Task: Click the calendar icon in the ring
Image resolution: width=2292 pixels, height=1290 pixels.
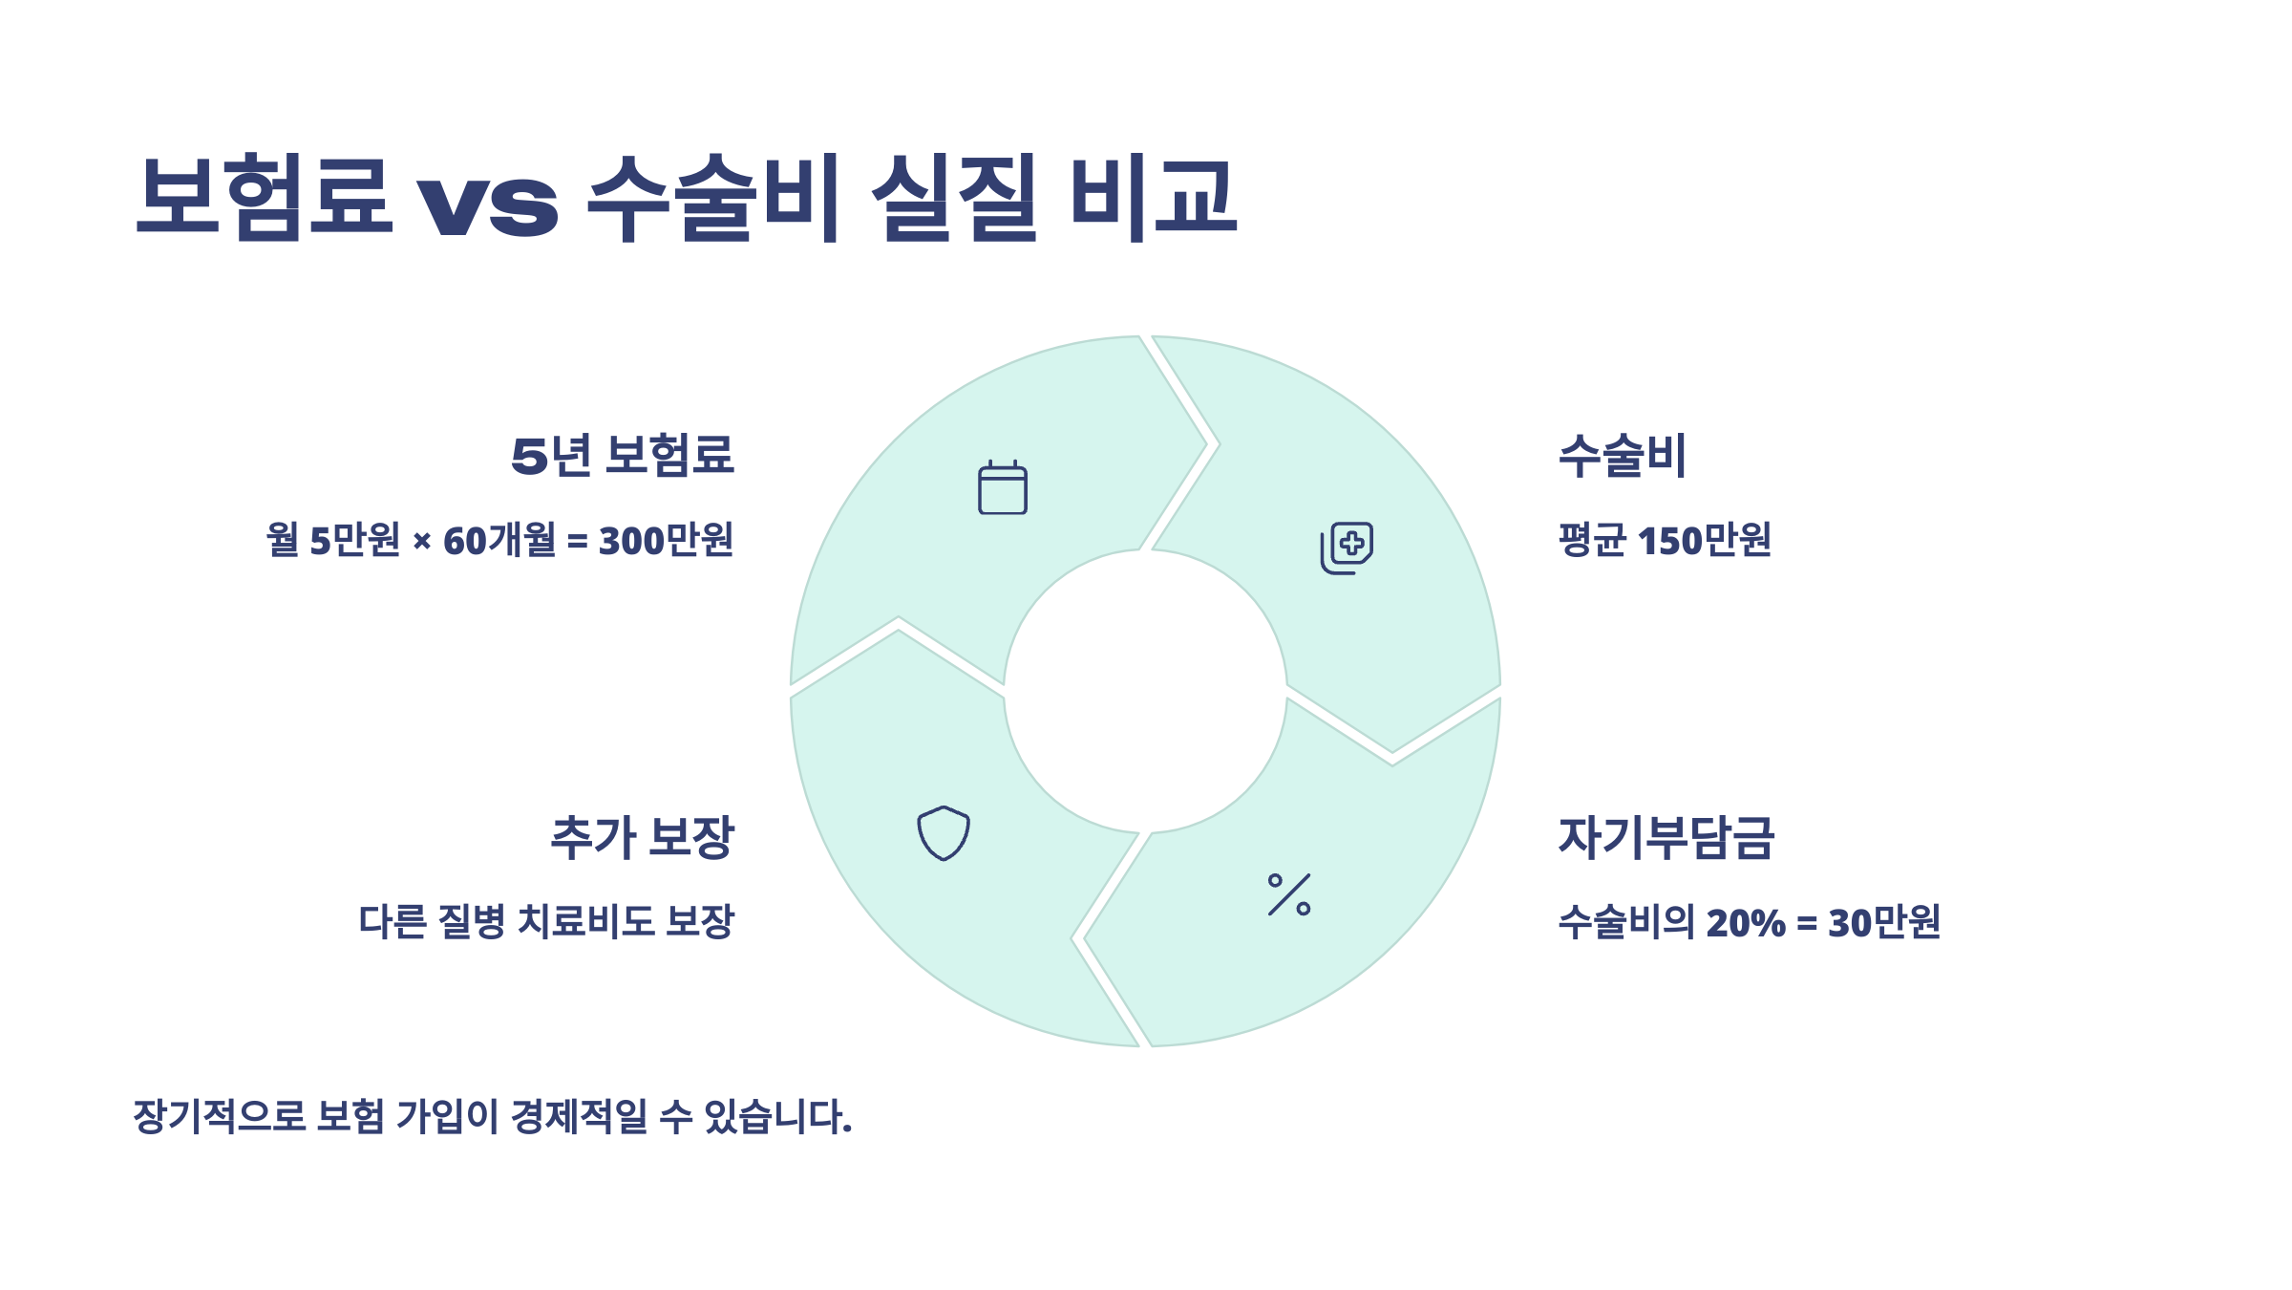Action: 1002,487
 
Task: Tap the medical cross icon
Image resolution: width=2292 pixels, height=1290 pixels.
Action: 1347,547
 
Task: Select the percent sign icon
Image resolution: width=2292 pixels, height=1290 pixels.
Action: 1289,894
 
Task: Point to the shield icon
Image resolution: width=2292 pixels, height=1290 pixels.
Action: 944,832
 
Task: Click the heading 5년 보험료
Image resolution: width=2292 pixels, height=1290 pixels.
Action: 623,455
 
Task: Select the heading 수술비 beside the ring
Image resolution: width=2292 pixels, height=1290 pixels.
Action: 1623,455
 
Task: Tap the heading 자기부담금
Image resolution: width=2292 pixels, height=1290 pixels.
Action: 1666,837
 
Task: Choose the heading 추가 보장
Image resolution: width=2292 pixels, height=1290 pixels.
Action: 642,837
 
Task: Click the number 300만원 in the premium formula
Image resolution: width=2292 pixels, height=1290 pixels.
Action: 666,541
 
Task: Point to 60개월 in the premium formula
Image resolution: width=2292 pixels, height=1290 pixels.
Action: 499,541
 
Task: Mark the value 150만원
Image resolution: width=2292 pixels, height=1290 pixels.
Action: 1704,541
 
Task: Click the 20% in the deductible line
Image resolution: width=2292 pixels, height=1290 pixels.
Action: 1745,923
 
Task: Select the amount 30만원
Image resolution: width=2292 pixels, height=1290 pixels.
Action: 1883,923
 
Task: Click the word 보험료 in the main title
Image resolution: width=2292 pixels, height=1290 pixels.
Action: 265,196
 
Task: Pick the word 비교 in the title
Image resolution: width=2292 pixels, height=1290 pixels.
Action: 1154,196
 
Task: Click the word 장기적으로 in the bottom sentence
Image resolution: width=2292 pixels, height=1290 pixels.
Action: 219,1116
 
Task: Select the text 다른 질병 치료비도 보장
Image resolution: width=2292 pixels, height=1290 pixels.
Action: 546,922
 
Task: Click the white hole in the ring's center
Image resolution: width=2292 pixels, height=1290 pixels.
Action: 1145,691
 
